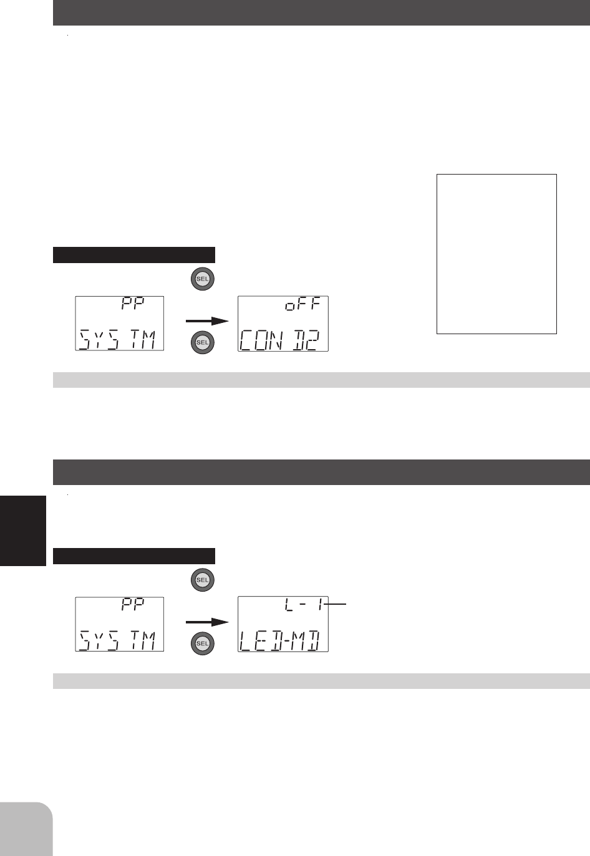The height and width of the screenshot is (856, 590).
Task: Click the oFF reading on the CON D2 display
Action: (302, 305)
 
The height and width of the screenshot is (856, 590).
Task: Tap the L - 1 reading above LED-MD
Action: (304, 605)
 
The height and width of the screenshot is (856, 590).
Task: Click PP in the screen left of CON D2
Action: (133, 304)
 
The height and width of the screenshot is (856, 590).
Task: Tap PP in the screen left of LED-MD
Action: (133, 605)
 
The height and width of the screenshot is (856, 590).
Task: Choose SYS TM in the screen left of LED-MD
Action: (117, 640)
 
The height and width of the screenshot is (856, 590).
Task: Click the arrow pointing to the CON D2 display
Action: (207, 321)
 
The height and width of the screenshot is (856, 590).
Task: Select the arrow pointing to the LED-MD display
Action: (207, 622)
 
